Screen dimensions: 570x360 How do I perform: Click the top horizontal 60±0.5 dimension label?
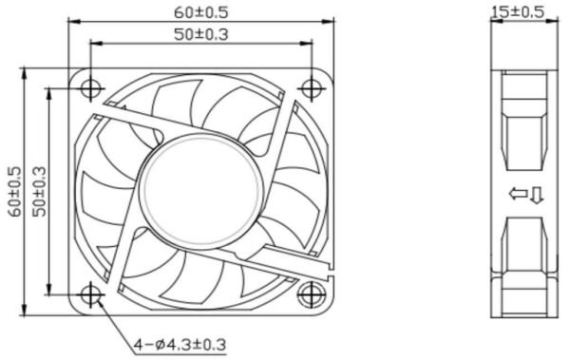tap(201, 12)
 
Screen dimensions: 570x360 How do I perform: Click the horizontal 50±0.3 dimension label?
tap(201, 34)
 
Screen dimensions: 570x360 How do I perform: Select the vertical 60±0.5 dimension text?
tap(15, 192)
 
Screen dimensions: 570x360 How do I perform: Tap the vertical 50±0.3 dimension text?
tap(39, 192)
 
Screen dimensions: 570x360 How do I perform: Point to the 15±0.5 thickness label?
tap(518, 11)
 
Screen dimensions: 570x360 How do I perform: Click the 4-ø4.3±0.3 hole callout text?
tap(180, 344)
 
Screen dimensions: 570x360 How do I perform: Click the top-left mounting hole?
tap(90, 88)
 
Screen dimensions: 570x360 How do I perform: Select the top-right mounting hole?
tap(312, 88)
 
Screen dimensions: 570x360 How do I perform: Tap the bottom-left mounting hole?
tap(90, 294)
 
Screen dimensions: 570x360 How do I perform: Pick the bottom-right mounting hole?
tap(312, 294)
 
